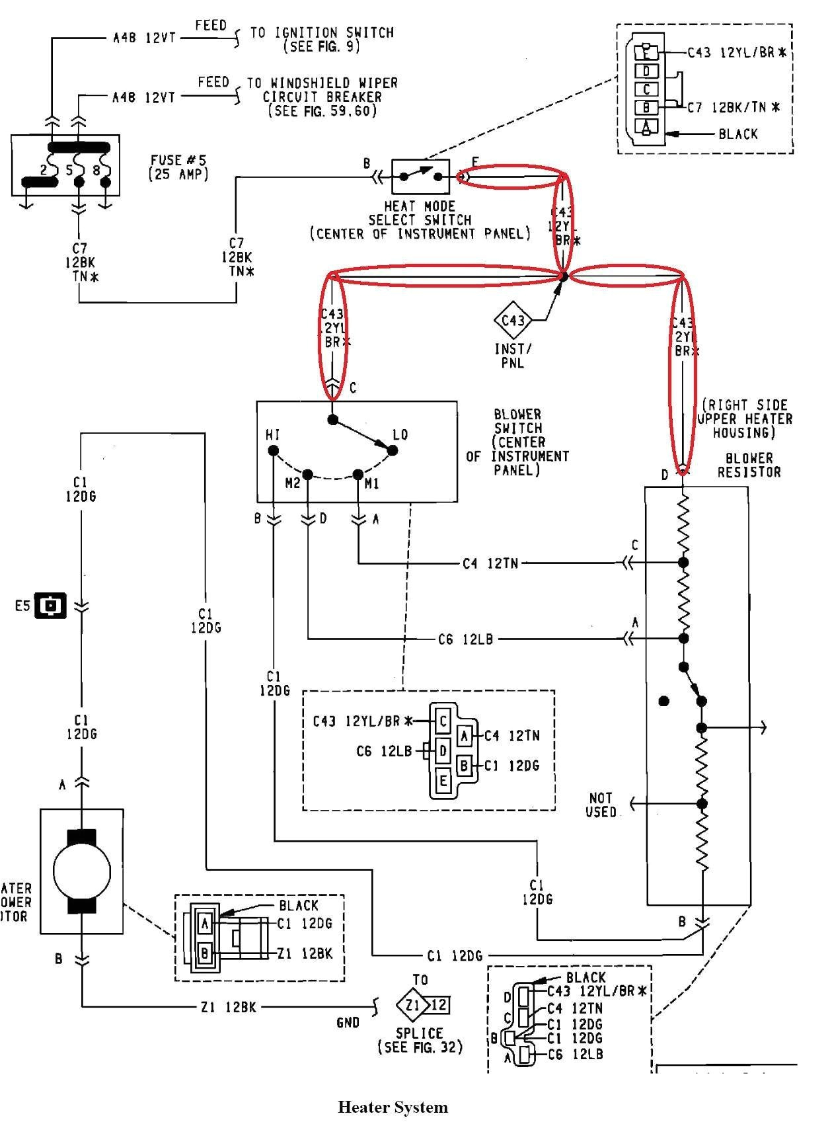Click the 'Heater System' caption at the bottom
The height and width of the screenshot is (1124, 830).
click(393, 1107)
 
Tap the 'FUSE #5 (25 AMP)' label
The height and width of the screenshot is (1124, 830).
click(178, 167)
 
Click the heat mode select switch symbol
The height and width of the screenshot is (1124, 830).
click(420, 177)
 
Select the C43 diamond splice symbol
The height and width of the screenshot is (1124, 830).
click(513, 321)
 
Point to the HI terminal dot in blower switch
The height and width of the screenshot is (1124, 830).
click(273, 451)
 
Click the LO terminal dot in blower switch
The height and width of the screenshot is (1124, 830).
click(392, 450)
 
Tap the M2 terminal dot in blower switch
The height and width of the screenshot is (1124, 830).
click(308, 474)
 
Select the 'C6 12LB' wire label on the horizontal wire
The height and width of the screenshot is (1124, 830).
click(465, 639)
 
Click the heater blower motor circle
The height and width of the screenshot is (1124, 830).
click(81, 870)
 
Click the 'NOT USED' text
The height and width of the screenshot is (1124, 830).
click(601, 805)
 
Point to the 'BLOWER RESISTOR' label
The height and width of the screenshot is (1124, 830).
click(749, 465)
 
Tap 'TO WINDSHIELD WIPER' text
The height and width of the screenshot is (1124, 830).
click(322, 83)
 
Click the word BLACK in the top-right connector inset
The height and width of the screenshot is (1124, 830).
click(738, 134)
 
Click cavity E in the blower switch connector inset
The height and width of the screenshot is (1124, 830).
click(443, 781)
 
